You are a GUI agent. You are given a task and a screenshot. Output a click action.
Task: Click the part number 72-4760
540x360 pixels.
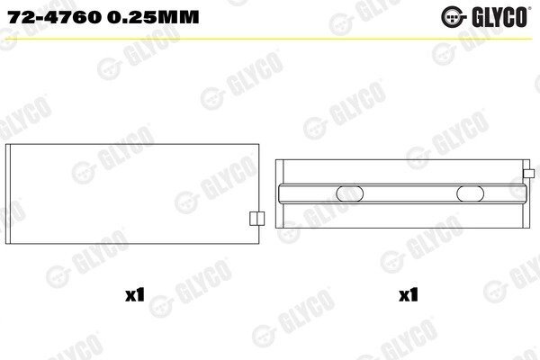pyautogui.click(x=55, y=17)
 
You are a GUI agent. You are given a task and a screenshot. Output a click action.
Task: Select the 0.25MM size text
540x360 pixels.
pyautogui.click(x=153, y=17)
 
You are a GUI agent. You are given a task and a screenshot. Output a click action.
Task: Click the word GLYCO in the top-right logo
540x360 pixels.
pyautogui.click(x=499, y=17)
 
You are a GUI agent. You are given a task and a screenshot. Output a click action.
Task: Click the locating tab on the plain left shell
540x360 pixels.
pyautogui.click(x=256, y=219)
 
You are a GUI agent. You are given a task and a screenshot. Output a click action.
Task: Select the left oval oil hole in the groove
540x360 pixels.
pyautogui.click(x=349, y=194)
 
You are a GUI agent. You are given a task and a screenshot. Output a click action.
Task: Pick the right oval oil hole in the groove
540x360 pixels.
pyautogui.click(x=470, y=194)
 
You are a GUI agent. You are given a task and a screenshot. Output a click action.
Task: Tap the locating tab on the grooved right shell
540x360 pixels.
pyautogui.click(x=528, y=174)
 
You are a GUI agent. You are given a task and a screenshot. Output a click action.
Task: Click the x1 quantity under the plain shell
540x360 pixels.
pyautogui.click(x=135, y=295)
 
